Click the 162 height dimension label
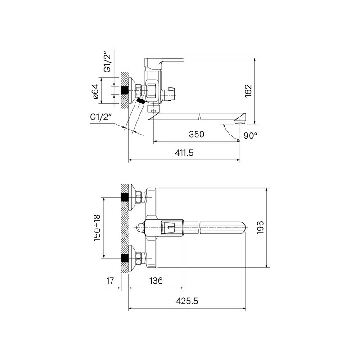pyautogui.click(x=248, y=91)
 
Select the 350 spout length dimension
pyautogui.click(x=197, y=134)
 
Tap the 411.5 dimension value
pyautogui.click(x=184, y=153)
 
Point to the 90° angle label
pyautogui.click(x=251, y=135)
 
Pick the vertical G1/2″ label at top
pyautogui.click(x=108, y=63)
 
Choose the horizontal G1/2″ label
pyautogui.click(x=101, y=117)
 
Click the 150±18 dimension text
pyautogui.click(x=97, y=228)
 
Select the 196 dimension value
pyautogui.click(x=261, y=228)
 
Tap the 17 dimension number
pyautogui.click(x=110, y=280)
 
